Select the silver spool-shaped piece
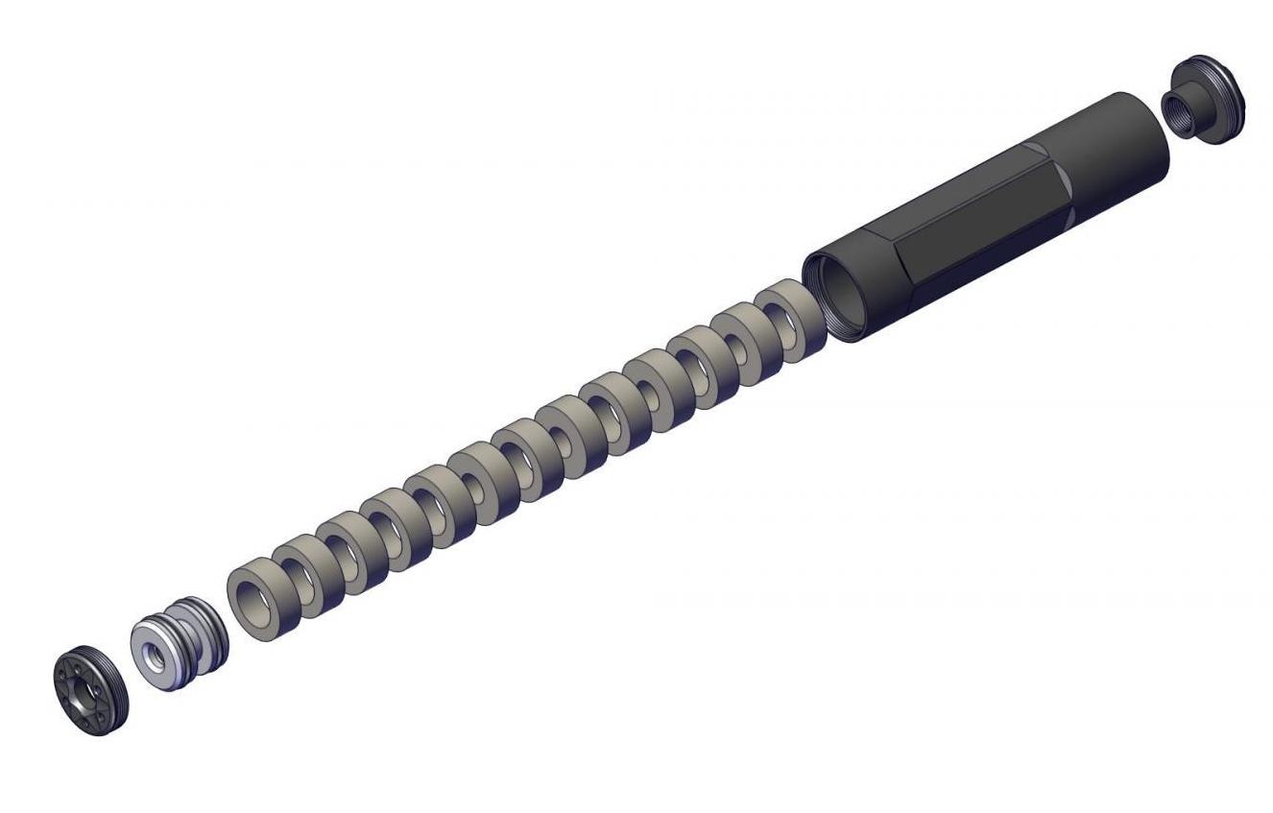coord(179,644)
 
